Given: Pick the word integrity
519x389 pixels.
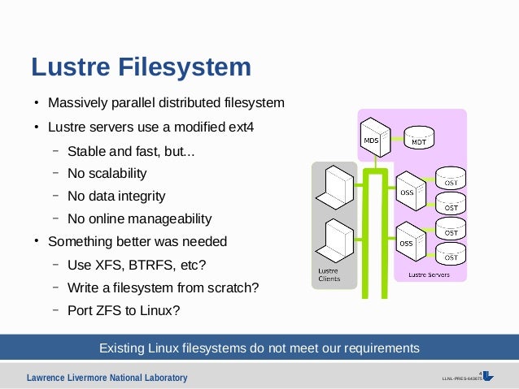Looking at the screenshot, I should pos(139,197).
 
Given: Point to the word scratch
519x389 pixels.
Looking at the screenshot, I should pos(236,287).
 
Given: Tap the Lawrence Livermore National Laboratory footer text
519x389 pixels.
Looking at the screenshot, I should pos(107,378).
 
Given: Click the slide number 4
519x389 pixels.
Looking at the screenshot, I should pos(480,374).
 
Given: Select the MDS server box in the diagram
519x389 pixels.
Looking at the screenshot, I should pos(371,135).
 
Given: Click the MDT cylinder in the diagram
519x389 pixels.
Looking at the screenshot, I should pos(418,138).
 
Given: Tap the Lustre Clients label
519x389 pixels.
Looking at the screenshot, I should pos(329,274).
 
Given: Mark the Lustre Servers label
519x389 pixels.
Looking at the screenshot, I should pos(428,274).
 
